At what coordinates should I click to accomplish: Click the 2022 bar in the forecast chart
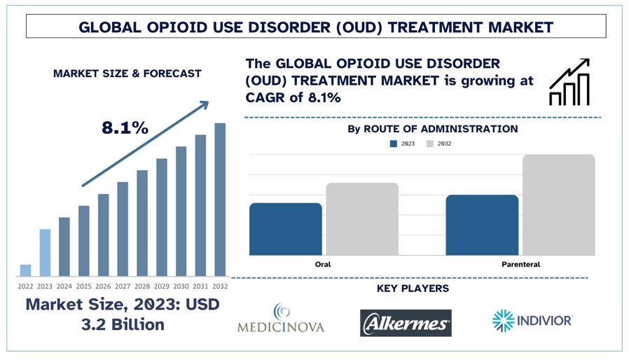point(26,270)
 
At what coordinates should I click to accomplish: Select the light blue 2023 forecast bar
point(45,253)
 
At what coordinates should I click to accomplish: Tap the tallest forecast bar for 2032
point(220,200)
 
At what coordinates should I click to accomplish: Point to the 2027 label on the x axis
point(123,286)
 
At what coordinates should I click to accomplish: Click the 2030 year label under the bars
point(181,286)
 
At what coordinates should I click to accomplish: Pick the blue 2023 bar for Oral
point(286,229)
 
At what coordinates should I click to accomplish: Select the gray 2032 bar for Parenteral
point(558,205)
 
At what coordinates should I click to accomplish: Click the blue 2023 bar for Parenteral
point(482,225)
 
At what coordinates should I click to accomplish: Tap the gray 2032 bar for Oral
point(362,219)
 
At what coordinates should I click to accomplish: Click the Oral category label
point(323,265)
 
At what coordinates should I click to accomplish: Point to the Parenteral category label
point(520,265)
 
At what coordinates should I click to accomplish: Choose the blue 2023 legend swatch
point(394,144)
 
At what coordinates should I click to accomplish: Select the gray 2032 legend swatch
point(430,144)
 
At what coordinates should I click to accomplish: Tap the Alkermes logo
point(406,323)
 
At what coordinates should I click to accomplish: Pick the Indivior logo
point(532,321)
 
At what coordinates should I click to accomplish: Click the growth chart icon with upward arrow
point(569,82)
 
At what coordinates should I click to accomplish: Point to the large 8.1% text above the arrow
point(125,128)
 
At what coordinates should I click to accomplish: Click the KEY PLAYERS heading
point(413,289)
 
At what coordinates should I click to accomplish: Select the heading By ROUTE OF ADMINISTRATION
point(433,129)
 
